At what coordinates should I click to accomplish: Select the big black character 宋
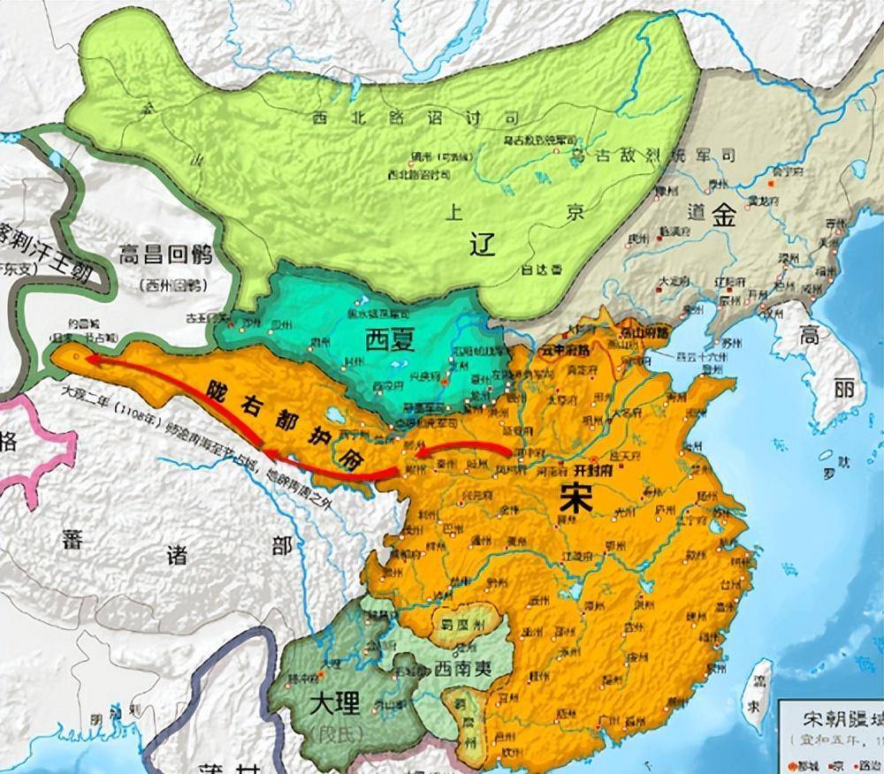[x=576, y=500]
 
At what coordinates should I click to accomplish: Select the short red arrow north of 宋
[x=460, y=448]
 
